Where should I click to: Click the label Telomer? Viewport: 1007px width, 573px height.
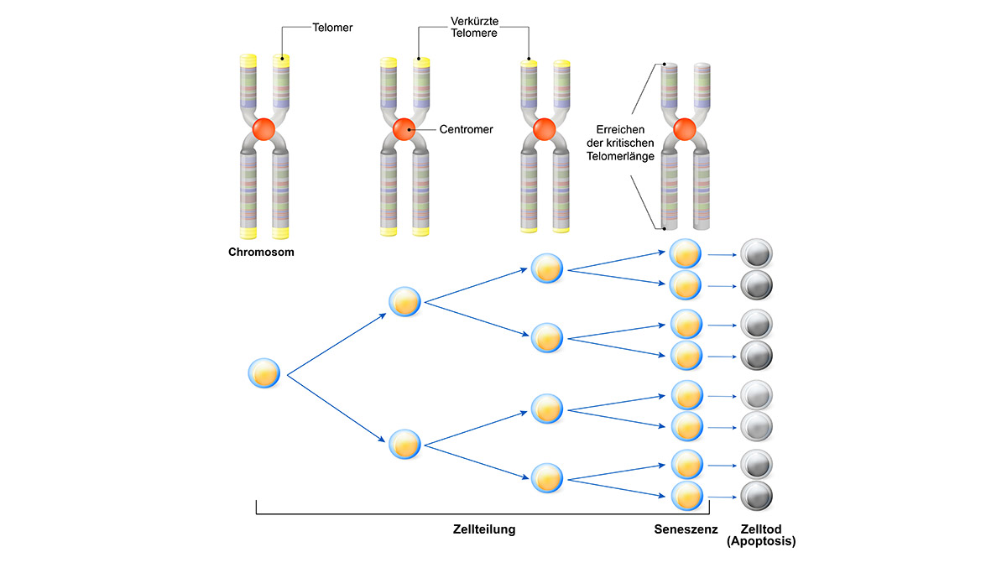point(331,27)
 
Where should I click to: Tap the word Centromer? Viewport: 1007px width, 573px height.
point(466,130)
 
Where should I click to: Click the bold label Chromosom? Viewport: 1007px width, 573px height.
point(261,251)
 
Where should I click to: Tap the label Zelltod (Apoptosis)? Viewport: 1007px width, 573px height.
point(761,535)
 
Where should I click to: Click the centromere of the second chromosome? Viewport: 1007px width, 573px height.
point(404,129)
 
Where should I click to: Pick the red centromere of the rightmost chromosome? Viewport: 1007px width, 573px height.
point(684,129)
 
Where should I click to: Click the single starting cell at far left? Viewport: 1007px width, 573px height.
point(263,372)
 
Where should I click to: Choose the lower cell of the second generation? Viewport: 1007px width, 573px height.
point(404,444)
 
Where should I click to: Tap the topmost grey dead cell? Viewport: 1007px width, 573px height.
point(756,253)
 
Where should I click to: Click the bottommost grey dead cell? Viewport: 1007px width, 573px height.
point(756,495)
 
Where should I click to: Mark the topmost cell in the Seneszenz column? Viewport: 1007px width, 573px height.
point(686,253)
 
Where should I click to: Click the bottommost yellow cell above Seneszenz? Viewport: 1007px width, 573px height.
point(686,495)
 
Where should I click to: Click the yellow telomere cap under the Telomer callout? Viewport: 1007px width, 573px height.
point(282,61)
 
